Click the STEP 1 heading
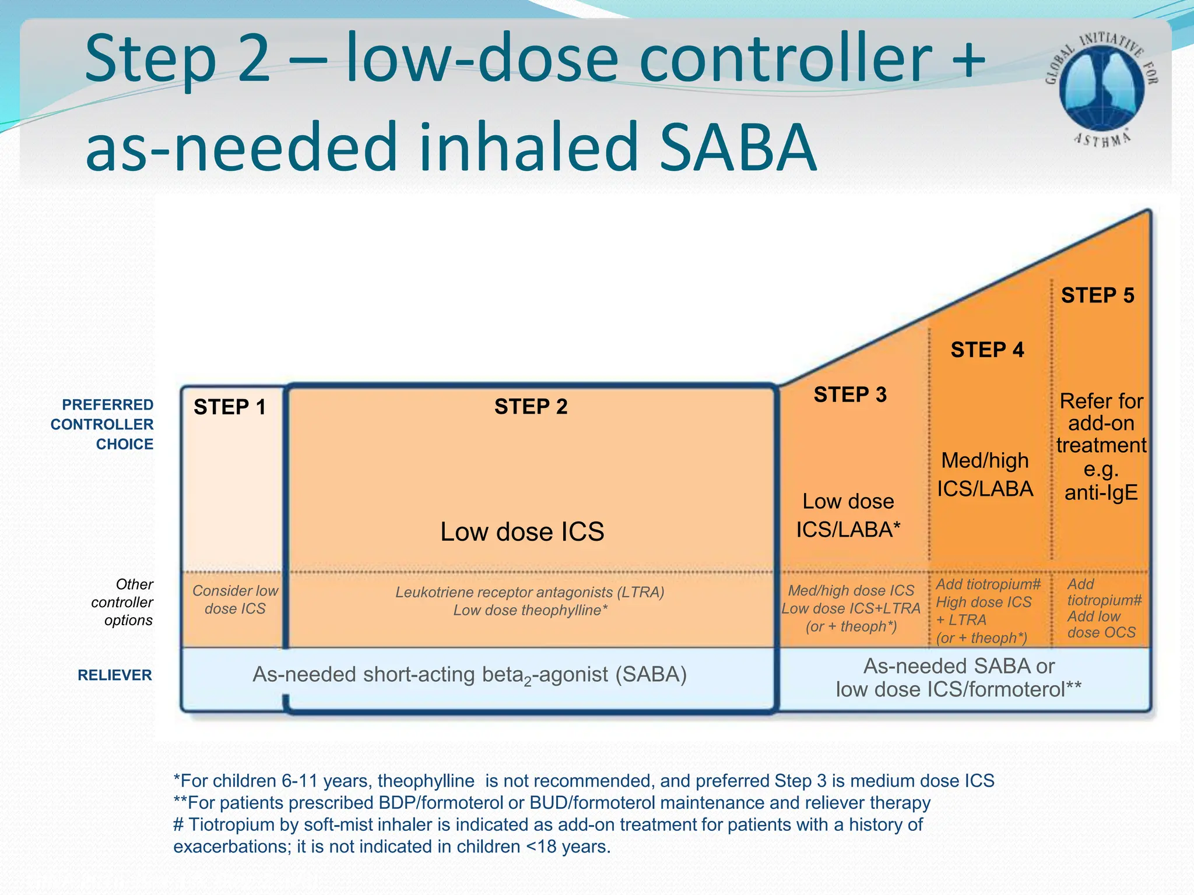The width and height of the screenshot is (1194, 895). [x=229, y=407]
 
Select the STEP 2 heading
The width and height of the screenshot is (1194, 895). [x=531, y=406]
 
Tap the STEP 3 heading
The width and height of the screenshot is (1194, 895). [x=850, y=394]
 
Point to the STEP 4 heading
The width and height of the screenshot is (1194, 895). [x=987, y=350]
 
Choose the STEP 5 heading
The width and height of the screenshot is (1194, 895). [x=1097, y=295]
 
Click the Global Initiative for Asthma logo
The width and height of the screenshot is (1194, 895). [x=1101, y=87]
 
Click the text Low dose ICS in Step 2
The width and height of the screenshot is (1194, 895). [x=522, y=531]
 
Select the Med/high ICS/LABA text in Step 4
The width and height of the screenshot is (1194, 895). [x=985, y=474]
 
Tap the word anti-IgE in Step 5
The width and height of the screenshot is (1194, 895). [x=1101, y=493]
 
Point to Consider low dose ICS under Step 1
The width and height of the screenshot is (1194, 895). [x=235, y=600]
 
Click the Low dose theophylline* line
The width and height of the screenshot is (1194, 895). [x=531, y=610]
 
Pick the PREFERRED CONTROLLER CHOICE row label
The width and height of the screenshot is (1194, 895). [x=103, y=424]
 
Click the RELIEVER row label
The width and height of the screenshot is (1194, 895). [x=114, y=675]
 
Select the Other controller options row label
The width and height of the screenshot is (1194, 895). [x=122, y=602]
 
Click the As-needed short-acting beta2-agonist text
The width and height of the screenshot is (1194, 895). [x=469, y=675]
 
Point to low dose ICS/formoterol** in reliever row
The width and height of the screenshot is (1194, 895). [x=958, y=689]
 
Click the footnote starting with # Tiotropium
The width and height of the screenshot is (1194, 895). [x=548, y=835]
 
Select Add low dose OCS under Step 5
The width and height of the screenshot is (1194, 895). [x=1101, y=624]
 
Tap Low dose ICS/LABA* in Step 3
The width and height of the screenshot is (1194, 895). [x=848, y=516]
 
